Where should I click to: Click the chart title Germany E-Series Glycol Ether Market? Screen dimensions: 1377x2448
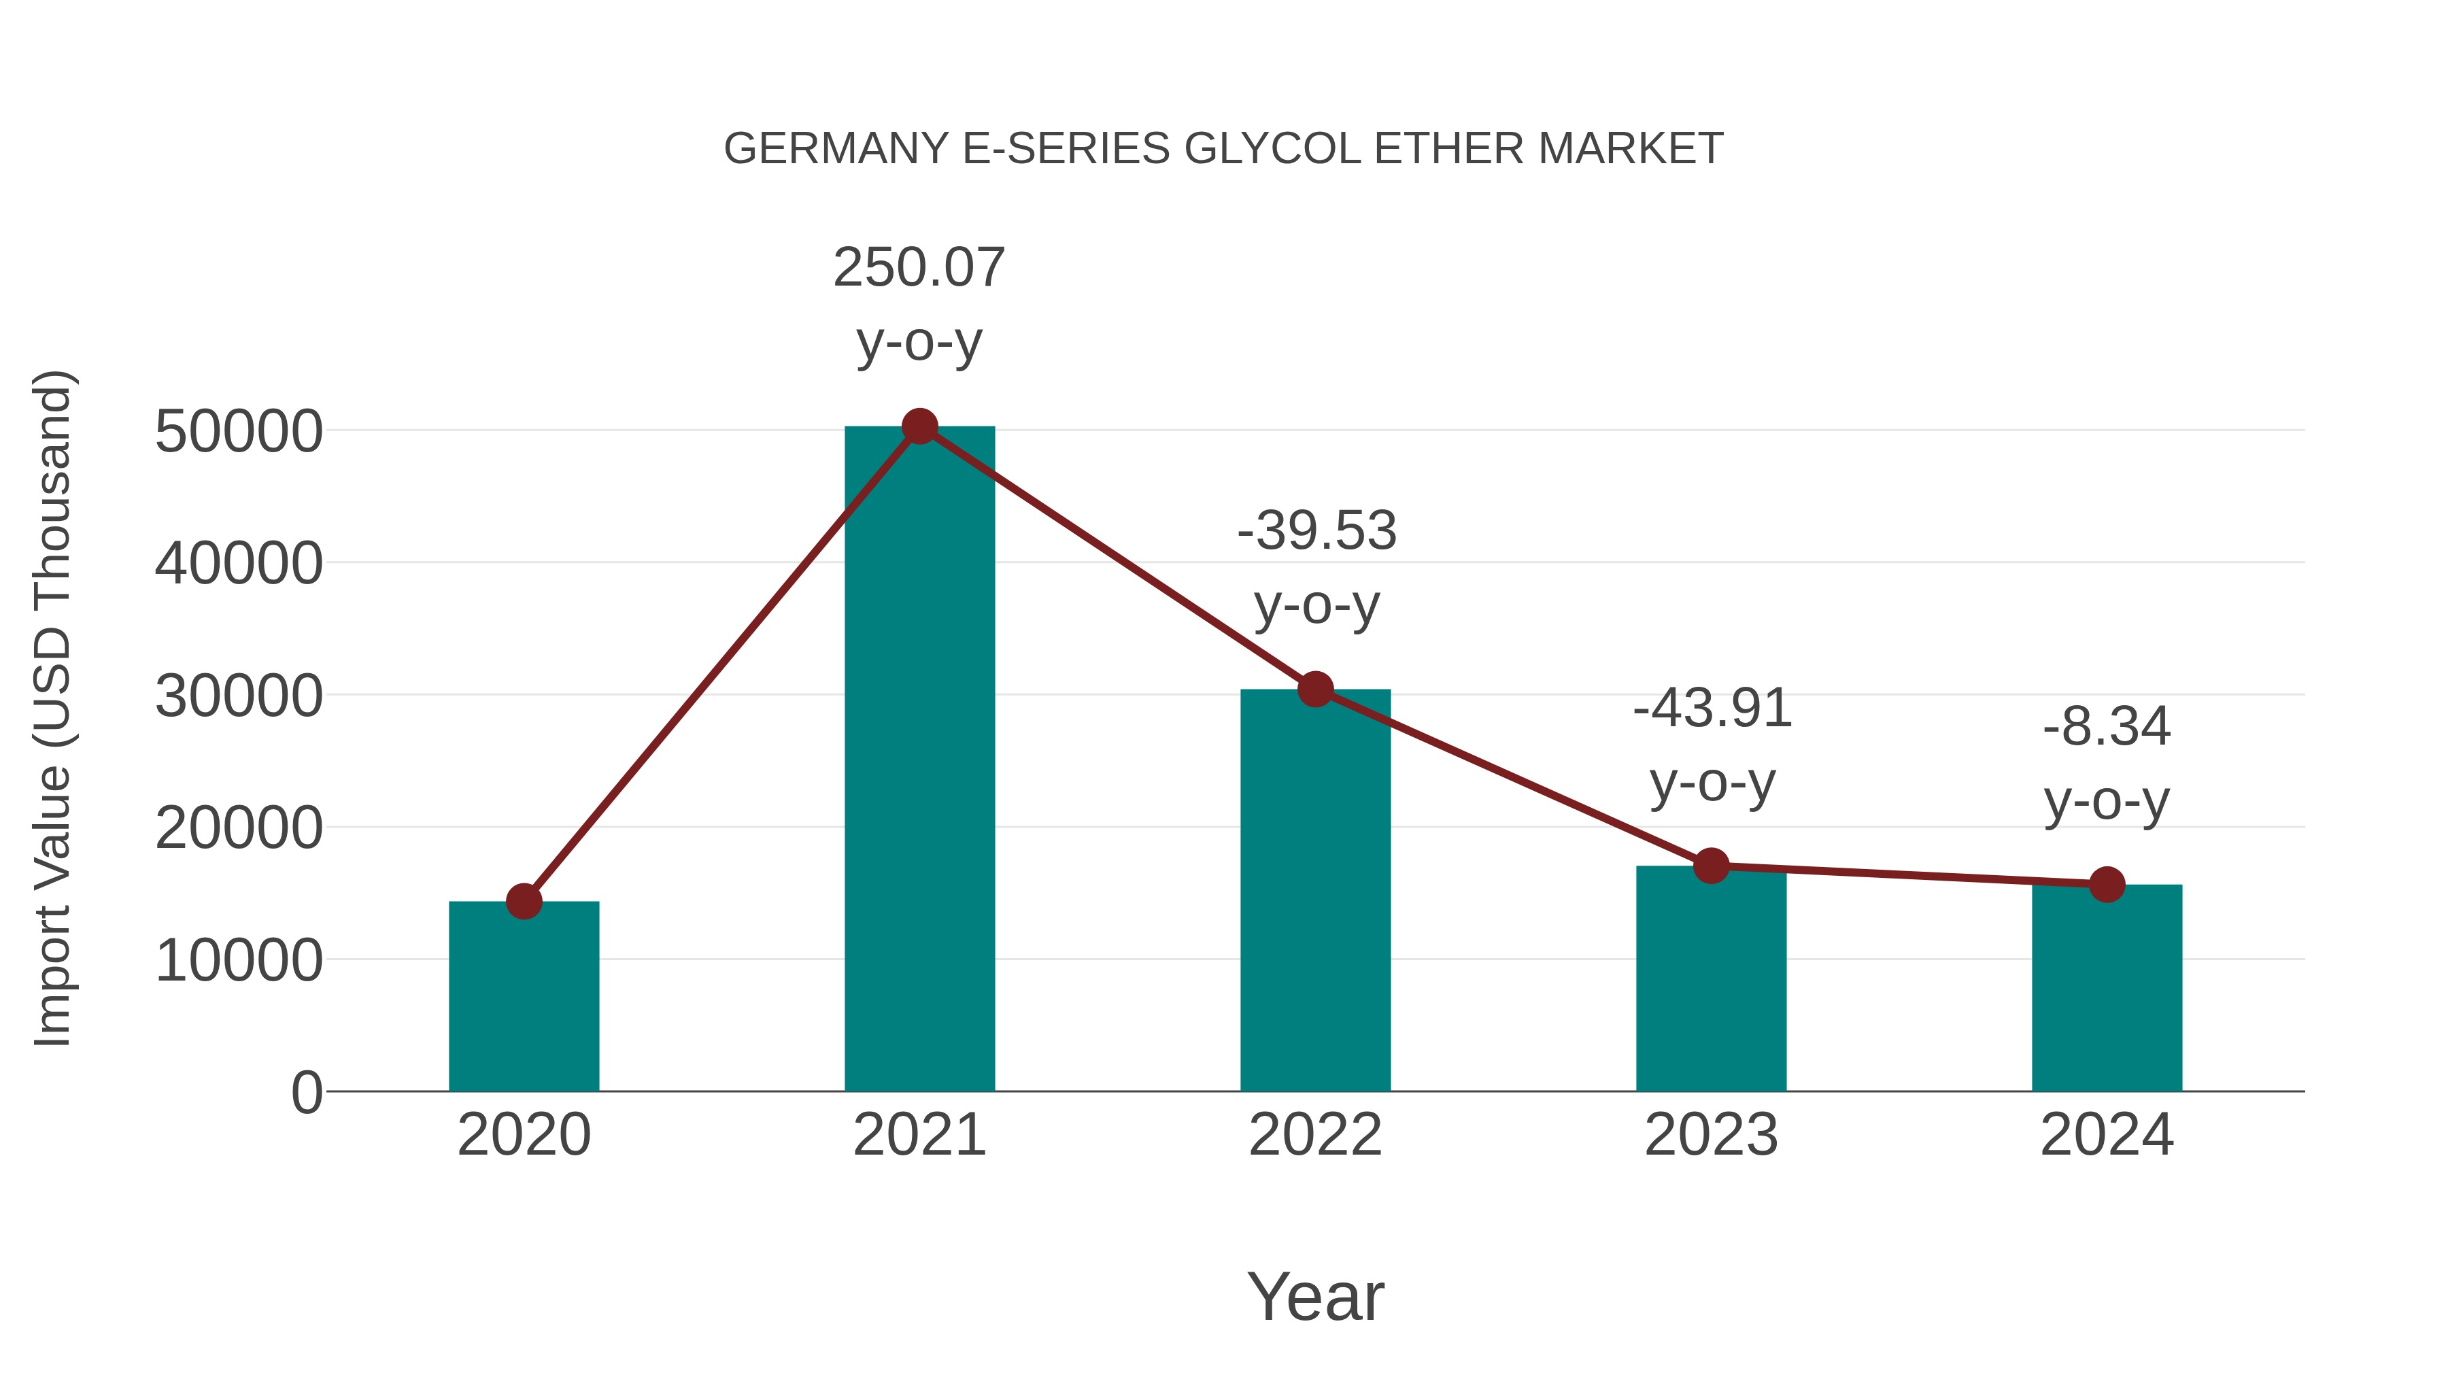pyautogui.click(x=1223, y=149)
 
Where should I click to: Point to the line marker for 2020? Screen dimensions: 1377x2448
pyautogui.click(x=524, y=901)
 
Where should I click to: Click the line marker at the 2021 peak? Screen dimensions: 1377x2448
pyautogui.click(x=919, y=426)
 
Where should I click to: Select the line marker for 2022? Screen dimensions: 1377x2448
pyautogui.click(x=1315, y=689)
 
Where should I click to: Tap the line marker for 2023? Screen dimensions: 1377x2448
pyautogui.click(x=1711, y=866)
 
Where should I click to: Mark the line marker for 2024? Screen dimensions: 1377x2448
pyautogui.click(x=2107, y=885)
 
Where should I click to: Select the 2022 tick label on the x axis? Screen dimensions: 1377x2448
pyautogui.click(x=1315, y=1135)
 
